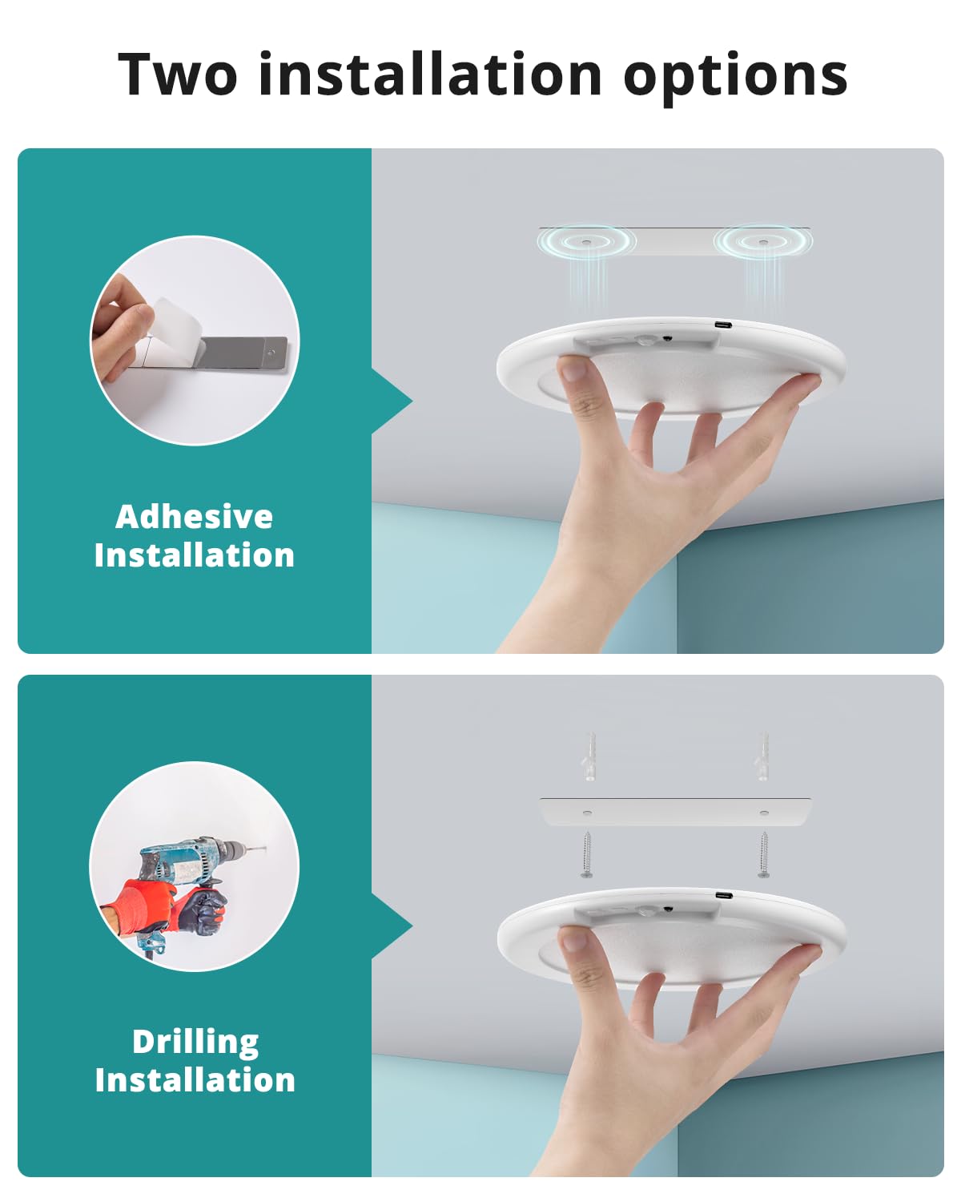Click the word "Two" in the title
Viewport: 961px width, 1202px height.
pos(178,75)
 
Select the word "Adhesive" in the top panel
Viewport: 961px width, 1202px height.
pos(194,517)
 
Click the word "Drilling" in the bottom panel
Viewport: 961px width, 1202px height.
pos(195,1042)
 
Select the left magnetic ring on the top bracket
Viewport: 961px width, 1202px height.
pos(586,241)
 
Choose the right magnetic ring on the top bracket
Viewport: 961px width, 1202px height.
pos(762,241)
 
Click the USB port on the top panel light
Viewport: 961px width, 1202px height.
pos(722,325)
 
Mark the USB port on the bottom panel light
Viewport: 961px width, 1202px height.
pos(722,895)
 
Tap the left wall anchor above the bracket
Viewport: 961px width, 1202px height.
pos(589,756)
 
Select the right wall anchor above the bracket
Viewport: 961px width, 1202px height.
pos(763,756)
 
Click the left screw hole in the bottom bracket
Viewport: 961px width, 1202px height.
pos(587,813)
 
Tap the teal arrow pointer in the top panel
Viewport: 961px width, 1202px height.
pos(392,401)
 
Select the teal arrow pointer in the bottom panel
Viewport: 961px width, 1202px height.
pos(392,926)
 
